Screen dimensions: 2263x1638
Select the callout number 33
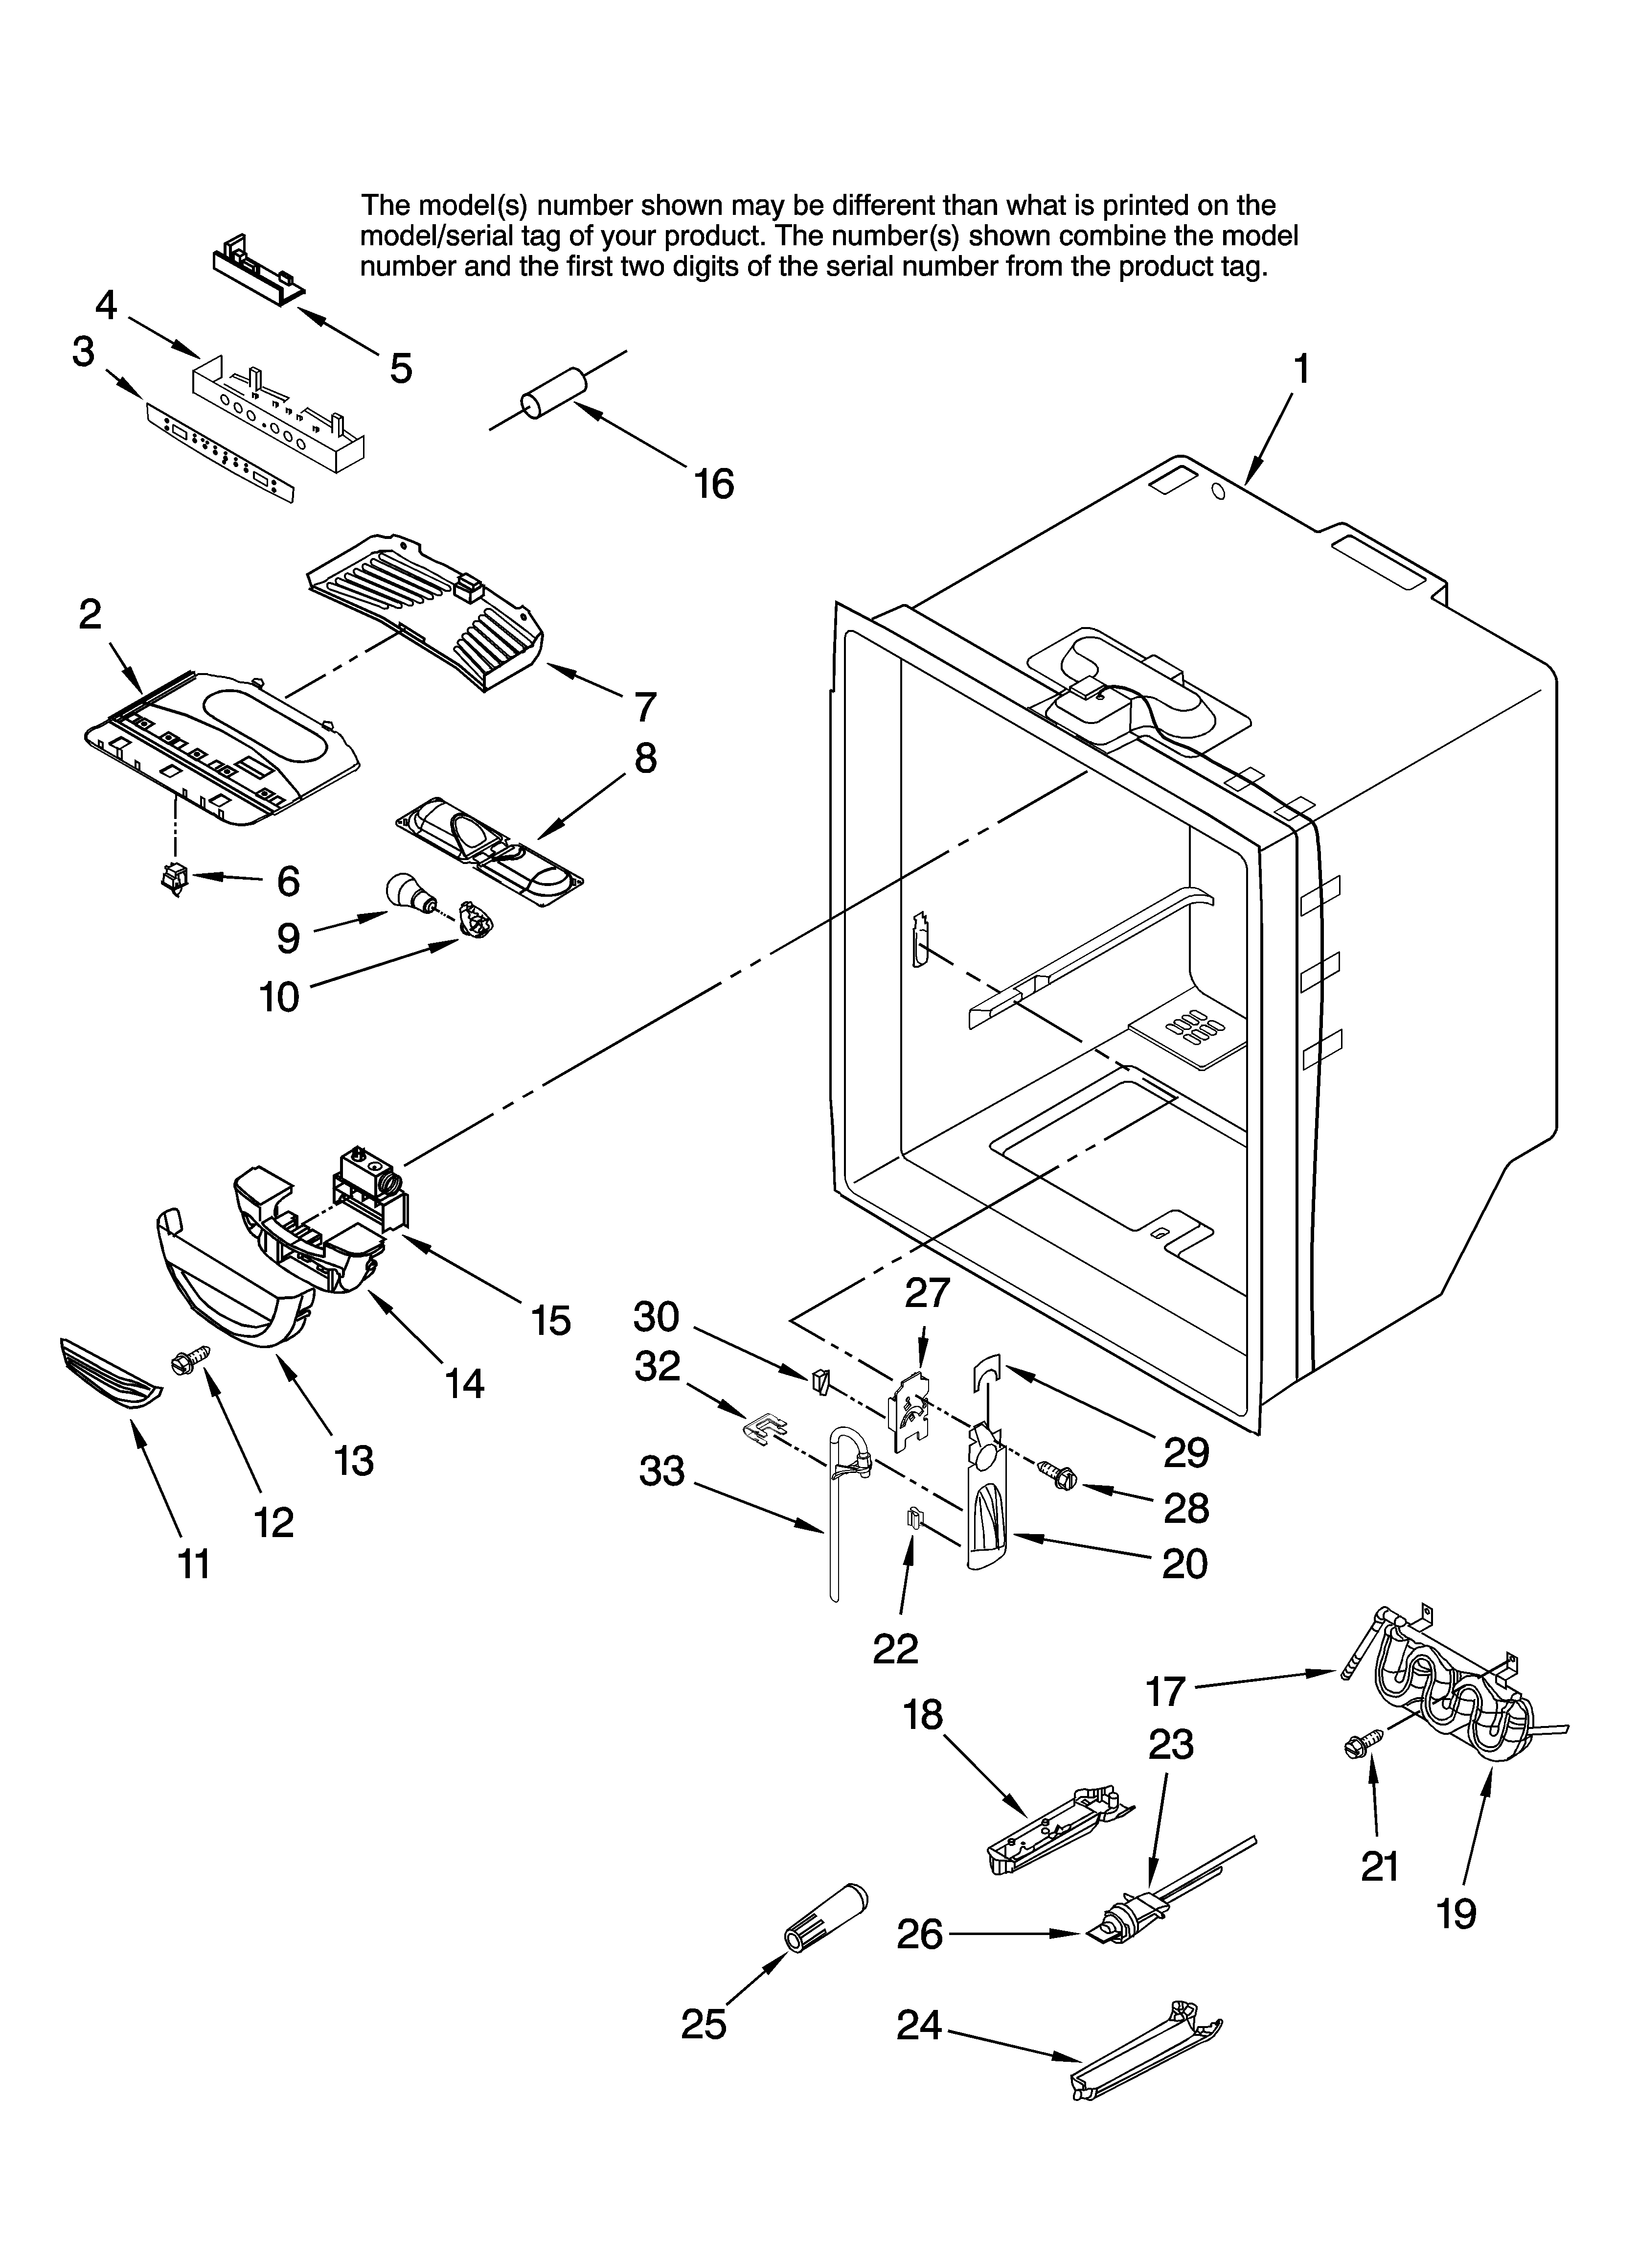coord(662,1471)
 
